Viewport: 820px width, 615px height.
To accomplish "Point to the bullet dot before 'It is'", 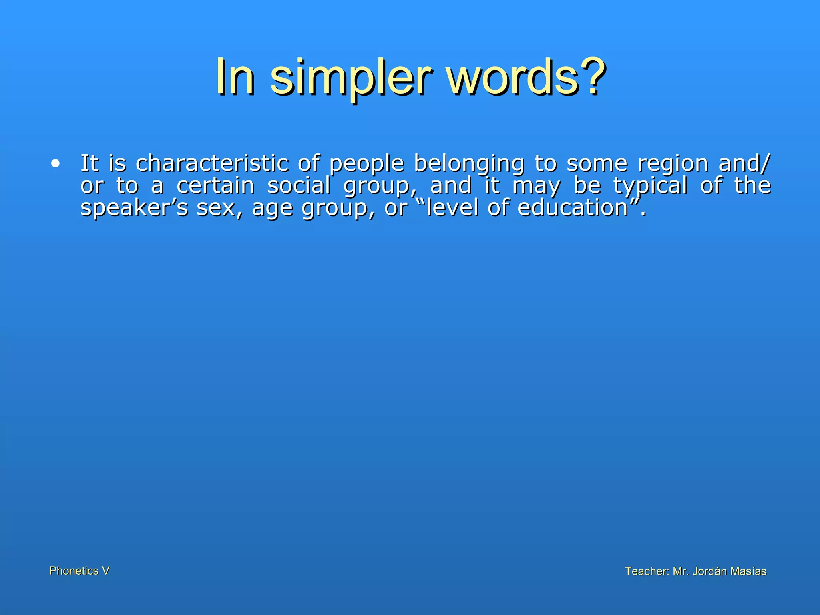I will point(56,163).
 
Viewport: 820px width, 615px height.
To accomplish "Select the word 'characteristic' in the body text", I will point(212,163).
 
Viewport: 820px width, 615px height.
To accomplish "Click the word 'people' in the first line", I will point(366,164).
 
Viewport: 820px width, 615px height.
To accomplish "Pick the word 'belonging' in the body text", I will point(469,164).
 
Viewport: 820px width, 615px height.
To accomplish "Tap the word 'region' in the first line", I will point(673,164).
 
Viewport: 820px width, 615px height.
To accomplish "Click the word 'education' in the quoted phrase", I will point(573,208).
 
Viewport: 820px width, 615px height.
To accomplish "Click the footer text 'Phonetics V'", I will point(79,571).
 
